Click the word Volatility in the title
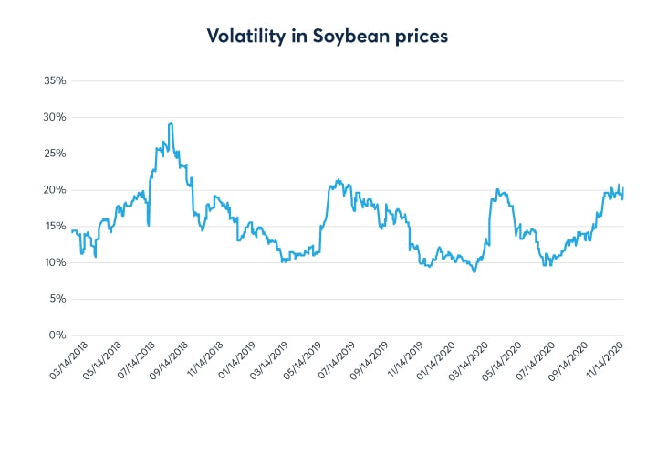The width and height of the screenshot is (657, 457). [241, 36]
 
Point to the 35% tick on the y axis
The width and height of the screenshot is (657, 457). [55, 80]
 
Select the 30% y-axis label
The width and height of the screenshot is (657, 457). [55, 117]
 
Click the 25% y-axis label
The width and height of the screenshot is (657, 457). [55, 154]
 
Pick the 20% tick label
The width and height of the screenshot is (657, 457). [55, 190]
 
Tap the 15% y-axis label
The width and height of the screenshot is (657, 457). [55, 226]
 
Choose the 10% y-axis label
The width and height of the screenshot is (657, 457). [55, 262]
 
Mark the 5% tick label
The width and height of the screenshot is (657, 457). [57, 299]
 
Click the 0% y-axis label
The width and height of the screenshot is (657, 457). [57, 335]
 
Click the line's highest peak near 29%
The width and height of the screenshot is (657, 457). [171, 123]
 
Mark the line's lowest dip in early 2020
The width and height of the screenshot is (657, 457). [474, 271]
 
